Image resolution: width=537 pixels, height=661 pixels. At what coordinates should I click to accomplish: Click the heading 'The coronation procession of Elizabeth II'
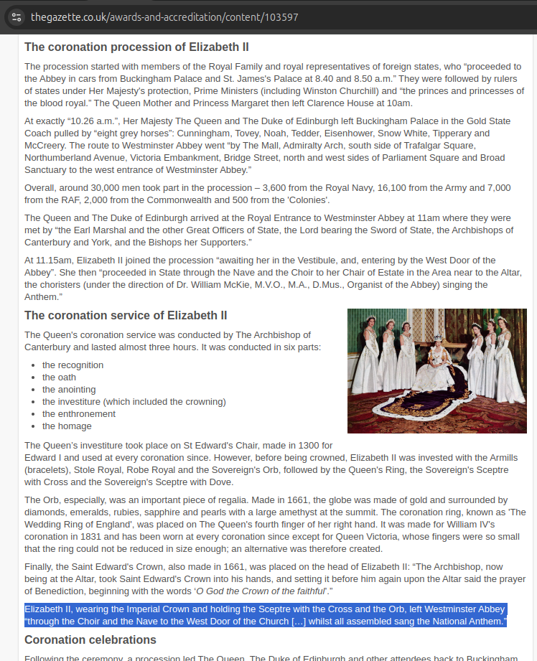click(136, 47)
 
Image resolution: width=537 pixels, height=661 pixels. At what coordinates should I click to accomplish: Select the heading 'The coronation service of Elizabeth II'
click(126, 316)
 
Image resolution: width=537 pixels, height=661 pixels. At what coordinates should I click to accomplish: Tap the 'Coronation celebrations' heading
click(90, 639)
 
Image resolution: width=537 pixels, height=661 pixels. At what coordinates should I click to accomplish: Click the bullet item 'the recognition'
click(73, 365)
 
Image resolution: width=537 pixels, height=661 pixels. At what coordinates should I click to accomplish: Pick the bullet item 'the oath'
click(59, 377)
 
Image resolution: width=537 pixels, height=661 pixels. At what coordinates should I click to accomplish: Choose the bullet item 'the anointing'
click(69, 389)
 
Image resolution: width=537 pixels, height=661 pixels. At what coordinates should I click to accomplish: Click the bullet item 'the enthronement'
click(79, 413)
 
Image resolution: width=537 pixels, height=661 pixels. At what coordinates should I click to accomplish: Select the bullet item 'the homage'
click(66, 426)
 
